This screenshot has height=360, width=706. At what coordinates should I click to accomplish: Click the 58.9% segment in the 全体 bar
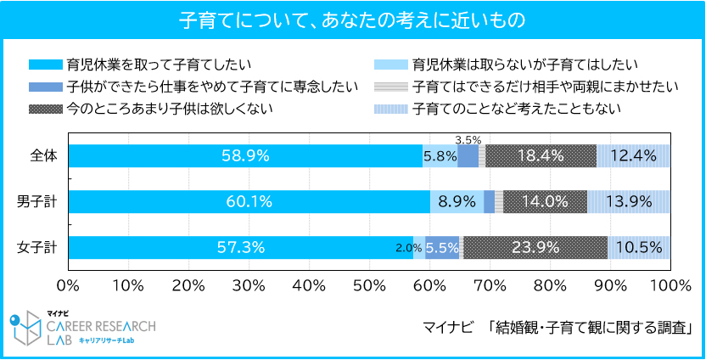pyautogui.click(x=245, y=155)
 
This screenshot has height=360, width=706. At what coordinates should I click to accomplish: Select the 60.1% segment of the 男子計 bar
pyautogui.click(x=249, y=201)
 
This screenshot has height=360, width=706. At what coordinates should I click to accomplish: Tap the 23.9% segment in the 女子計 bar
pyautogui.click(x=535, y=247)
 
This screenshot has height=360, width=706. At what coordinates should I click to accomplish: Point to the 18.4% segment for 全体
pyautogui.click(x=541, y=155)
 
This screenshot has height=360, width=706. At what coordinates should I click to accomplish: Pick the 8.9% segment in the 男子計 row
pyautogui.click(x=457, y=201)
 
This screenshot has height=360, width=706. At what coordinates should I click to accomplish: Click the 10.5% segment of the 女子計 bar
pyautogui.click(x=639, y=247)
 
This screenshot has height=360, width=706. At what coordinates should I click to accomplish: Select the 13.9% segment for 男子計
pyautogui.click(x=629, y=201)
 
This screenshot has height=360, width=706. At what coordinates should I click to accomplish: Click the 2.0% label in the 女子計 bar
pyautogui.click(x=408, y=248)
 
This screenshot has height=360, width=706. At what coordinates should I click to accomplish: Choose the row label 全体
pyautogui.click(x=42, y=156)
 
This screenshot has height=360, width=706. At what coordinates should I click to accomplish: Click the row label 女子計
pyautogui.click(x=36, y=248)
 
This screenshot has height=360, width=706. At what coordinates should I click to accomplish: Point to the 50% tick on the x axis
pyautogui.click(x=369, y=283)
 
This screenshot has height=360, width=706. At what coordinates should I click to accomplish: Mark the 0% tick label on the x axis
pyautogui.click(x=68, y=283)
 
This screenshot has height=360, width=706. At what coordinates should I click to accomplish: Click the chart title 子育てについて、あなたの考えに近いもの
pyautogui.click(x=352, y=18)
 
